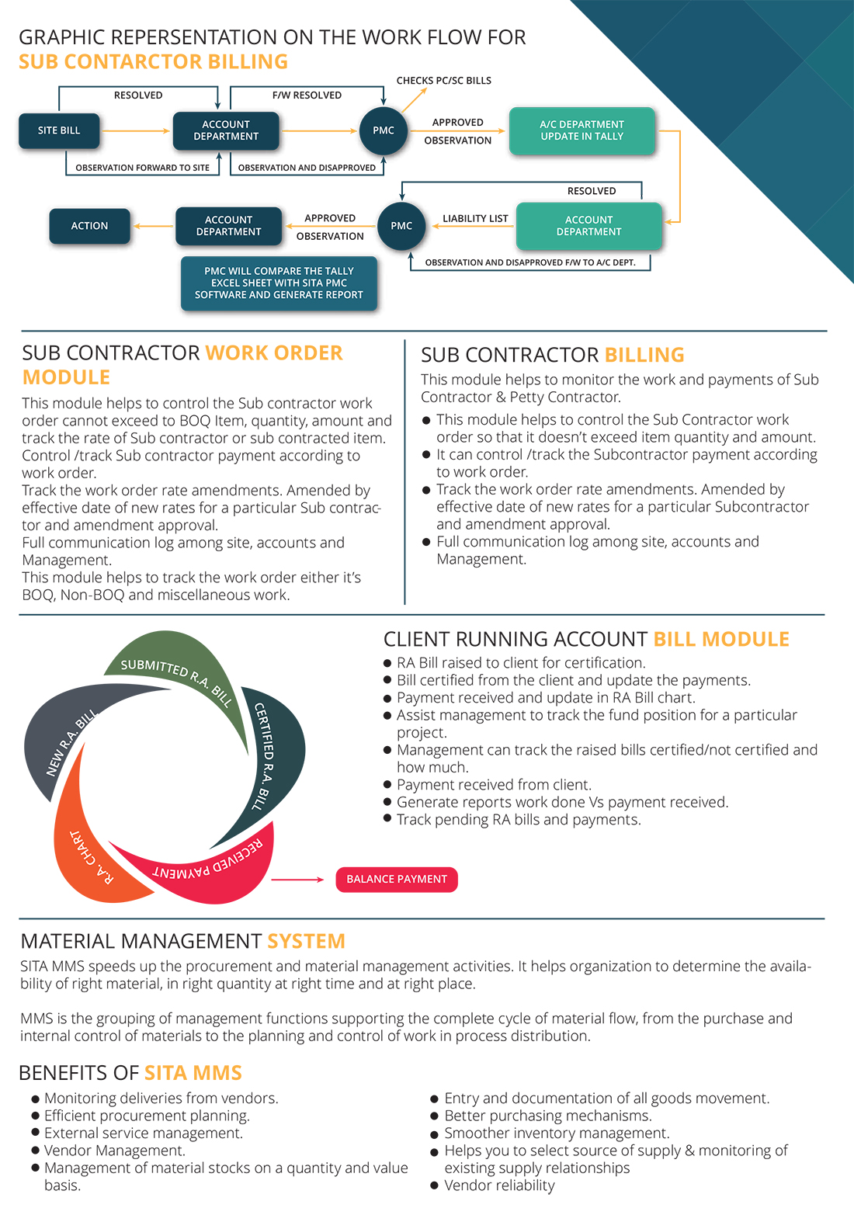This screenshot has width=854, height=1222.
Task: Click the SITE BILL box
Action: [59, 130]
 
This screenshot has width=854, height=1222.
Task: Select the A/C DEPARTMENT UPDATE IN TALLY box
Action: [581, 130]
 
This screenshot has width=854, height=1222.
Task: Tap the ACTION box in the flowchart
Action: [89, 226]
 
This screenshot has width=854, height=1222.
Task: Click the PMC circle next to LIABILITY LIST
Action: [401, 226]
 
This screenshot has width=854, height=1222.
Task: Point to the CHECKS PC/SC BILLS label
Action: [443, 81]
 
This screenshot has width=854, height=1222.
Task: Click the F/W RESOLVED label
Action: [307, 95]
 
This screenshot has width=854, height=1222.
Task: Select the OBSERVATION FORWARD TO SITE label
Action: [142, 168]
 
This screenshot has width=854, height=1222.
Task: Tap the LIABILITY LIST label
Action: [475, 219]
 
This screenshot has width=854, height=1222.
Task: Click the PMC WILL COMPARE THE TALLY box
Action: [279, 283]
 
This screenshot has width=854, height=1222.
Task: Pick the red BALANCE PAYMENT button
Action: [397, 880]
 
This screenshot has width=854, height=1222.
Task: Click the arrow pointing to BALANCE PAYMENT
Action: [297, 880]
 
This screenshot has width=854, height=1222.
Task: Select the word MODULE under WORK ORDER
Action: [66, 377]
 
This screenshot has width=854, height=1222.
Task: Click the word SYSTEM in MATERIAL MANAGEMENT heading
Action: [306, 942]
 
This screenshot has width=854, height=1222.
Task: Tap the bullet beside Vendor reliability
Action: [435, 1186]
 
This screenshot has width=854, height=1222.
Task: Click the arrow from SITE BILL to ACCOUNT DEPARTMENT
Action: [136, 130]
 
